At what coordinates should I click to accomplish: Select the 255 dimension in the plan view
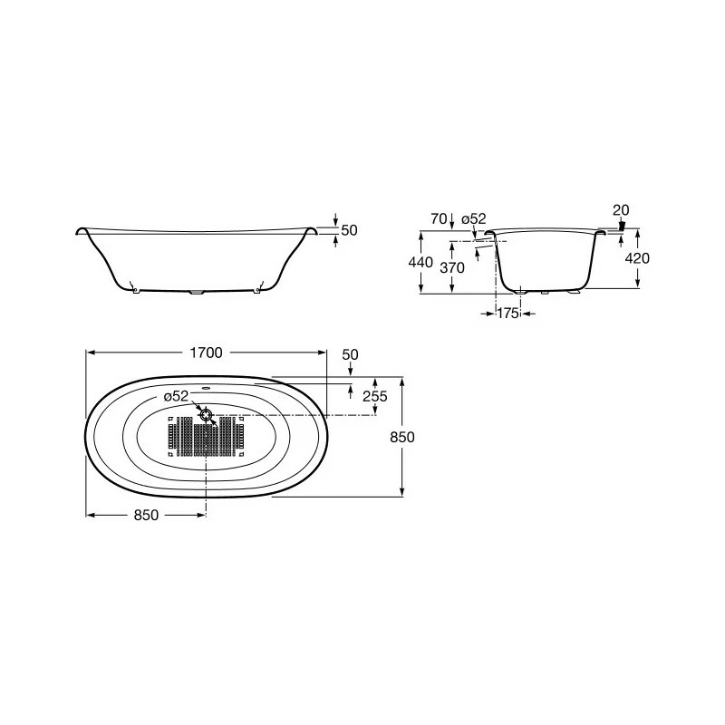click(x=374, y=397)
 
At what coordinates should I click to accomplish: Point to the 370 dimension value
click(x=452, y=267)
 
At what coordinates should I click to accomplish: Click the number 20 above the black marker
click(x=620, y=210)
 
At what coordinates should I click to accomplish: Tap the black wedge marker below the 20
click(x=621, y=227)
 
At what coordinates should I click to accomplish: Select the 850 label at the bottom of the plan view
click(x=146, y=515)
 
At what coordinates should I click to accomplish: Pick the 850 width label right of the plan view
click(x=402, y=437)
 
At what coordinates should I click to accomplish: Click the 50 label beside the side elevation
click(x=349, y=230)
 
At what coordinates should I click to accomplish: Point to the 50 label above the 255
click(x=349, y=354)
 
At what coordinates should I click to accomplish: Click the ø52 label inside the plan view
click(x=176, y=397)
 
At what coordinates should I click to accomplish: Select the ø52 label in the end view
click(x=473, y=218)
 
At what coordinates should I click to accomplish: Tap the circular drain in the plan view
click(x=207, y=415)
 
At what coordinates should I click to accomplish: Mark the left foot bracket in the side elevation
click(x=135, y=289)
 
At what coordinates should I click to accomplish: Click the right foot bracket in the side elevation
click(x=257, y=289)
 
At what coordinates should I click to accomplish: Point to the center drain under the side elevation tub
click(x=197, y=293)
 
